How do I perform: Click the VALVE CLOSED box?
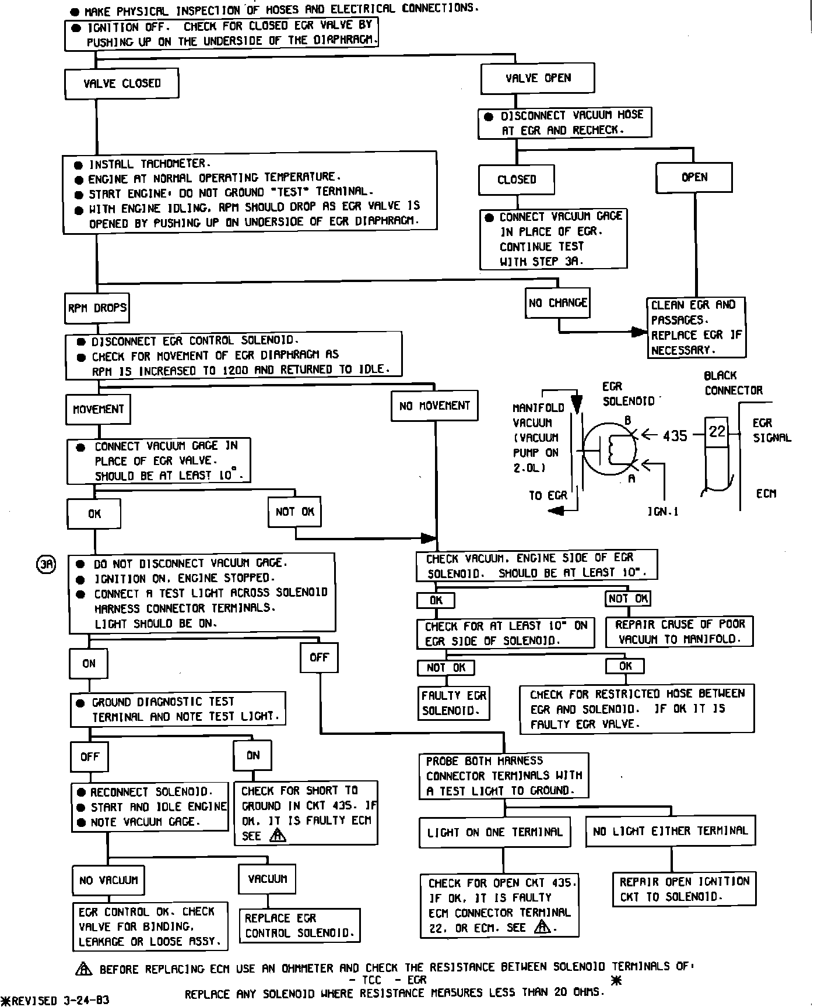tap(121, 84)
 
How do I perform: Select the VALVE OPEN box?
tap(538, 79)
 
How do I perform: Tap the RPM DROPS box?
tap(97, 308)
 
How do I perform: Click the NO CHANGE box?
tap(557, 303)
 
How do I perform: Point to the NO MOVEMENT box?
tap(434, 406)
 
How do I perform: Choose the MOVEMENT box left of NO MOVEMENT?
tap(98, 409)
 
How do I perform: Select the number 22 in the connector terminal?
tap(717, 431)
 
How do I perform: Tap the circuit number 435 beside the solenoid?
tap(675, 435)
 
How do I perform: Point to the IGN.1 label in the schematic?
tap(662, 512)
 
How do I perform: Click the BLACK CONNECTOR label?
tap(733, 383)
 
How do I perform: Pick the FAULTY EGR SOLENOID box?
tap(454, 703)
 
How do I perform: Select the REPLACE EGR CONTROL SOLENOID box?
tap(300, 925)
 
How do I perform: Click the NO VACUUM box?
tap(108, 880)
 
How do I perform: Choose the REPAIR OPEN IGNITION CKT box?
tap(684, 889)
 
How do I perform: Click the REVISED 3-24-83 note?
tap(56, 1001)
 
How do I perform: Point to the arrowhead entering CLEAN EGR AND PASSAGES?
tap(640, 333)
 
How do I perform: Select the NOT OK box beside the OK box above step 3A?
tap(295, 512)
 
